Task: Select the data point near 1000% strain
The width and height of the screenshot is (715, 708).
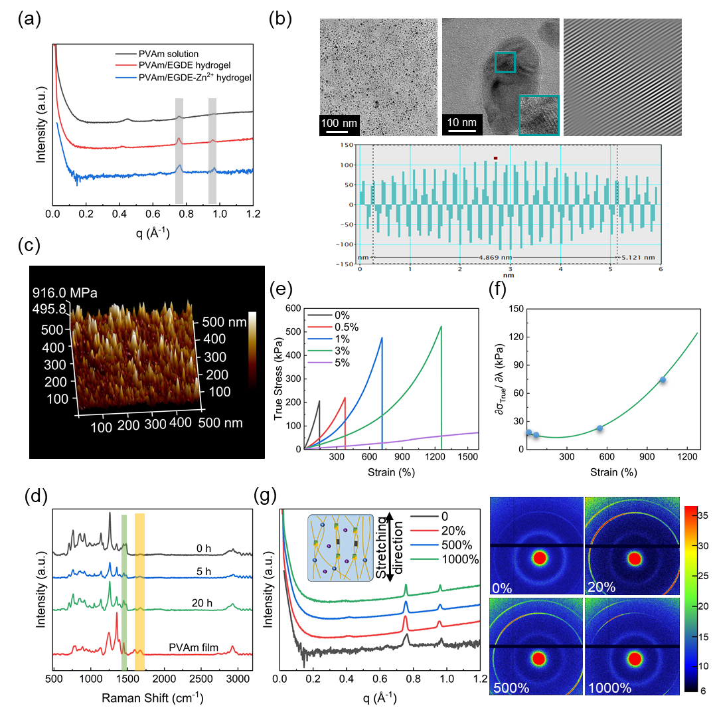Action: [x=663, y=380]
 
